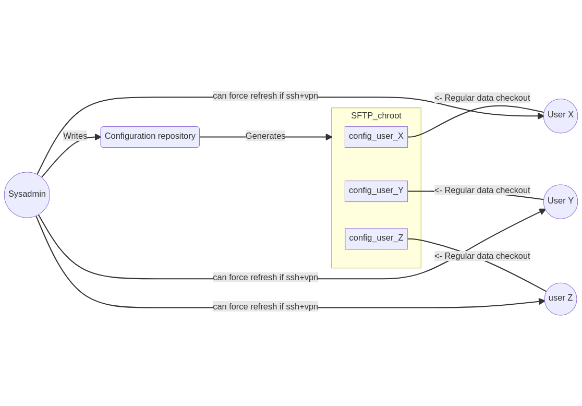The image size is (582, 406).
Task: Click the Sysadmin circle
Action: pos(27,195)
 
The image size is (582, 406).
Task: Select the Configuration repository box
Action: pos(150,137)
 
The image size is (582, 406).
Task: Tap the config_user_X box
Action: pos(376,137)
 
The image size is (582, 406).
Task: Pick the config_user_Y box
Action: pos(376,191)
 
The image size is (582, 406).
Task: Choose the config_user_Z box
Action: pos(376,238)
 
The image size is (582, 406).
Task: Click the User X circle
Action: pos(560,116)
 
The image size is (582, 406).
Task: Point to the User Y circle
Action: pos(560,201)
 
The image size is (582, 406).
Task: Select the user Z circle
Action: pos(560,299)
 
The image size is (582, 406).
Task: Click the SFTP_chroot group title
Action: pos(376,116)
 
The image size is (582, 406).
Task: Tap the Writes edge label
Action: pos(75,136)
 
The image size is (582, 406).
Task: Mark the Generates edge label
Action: pos(265,136)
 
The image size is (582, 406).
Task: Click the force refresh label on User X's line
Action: pos(265,96)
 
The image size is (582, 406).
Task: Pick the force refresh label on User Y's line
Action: pos(265,278)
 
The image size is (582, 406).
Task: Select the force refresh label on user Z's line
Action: pos(265,307)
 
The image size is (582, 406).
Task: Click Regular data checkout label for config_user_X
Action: pos(482,98)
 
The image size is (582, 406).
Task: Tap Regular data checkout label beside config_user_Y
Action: pos(482,190)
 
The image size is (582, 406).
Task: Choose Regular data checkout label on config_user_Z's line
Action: pos(482,256)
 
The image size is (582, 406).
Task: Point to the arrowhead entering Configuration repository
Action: pos(98,137)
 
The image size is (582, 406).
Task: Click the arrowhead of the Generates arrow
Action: pos(329,137)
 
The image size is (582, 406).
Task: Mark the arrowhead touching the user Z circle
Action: pos(542,302)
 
